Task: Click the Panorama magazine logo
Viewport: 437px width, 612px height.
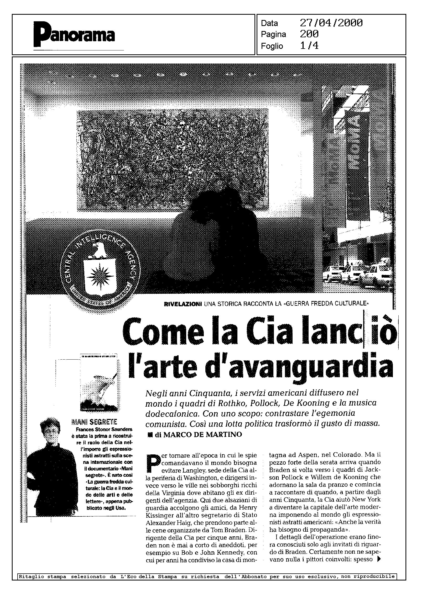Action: pyautogui.click(x=74, y=35)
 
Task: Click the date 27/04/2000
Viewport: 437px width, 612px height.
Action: pyautogui.click(x=331, y=23)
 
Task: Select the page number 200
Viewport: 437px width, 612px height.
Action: pyautogui.click(x=309, y=34)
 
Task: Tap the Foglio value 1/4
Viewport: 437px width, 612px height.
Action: pyautogui.click(x=309, y=46)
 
